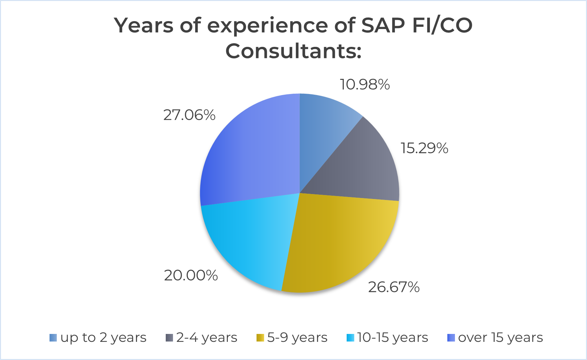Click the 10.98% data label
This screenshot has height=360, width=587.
(365, 85)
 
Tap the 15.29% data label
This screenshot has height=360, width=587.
(424, 148)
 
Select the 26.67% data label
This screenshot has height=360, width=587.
(394, 287)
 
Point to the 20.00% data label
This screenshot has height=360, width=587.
(191, 275)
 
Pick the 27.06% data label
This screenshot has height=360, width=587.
(189, 115)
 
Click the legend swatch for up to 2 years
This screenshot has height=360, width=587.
(53, 338)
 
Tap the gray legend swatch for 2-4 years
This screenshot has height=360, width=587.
(169, 338)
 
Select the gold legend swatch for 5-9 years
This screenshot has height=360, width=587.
(260, 338)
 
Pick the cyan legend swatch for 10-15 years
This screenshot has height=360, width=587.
(350, 338)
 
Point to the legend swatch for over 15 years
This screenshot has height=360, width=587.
(451, 338)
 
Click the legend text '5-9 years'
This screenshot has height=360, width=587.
(297, 338)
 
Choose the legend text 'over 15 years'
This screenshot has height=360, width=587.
(501, 338)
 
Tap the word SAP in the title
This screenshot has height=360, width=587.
(383, 25)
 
